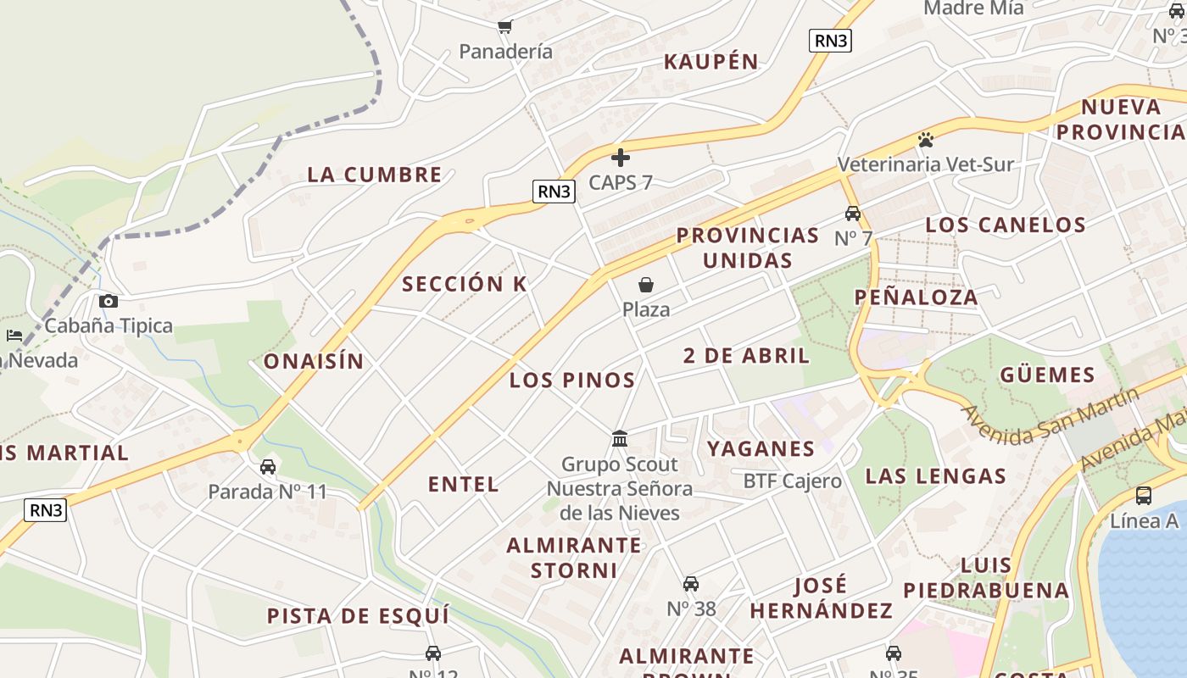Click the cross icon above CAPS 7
coord(621,158)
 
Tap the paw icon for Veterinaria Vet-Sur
coord(926,139)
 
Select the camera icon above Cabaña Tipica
coord(109,301)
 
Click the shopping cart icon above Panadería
coord(505,26)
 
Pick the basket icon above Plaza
coord(646,285)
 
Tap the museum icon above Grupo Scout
coord(620,439)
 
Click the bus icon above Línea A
coord(1144,496)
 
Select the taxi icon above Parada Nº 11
coord(268,467)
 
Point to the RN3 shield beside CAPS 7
coord(554,192)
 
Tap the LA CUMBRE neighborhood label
coord(375,175)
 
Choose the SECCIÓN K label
coord(465,285)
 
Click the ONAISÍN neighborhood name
coord(314,362)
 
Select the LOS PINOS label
coord(572,381)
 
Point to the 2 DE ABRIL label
coord(747,356)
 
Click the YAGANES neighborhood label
coord(761,449)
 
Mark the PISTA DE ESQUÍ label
coord(358,616)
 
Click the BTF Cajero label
coord(793,481)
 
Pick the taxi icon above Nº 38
coord(691,584)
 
